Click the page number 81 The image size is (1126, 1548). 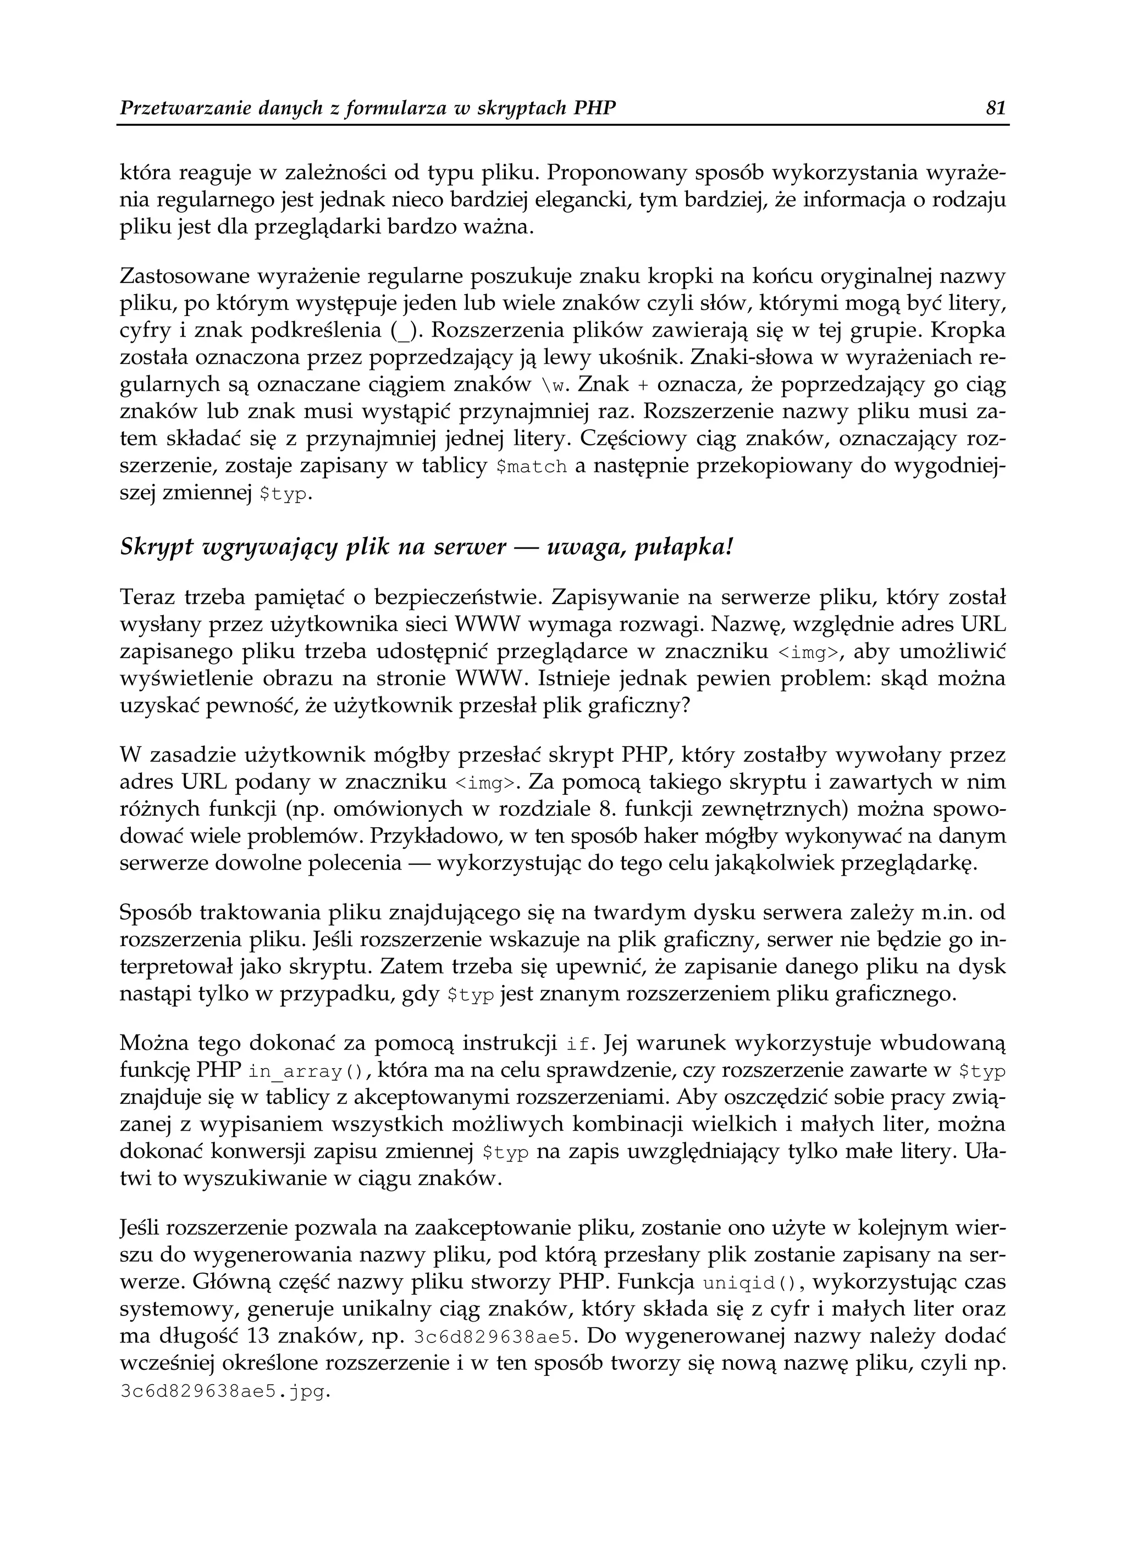coord(996,108)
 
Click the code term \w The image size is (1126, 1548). coord(554,386)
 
